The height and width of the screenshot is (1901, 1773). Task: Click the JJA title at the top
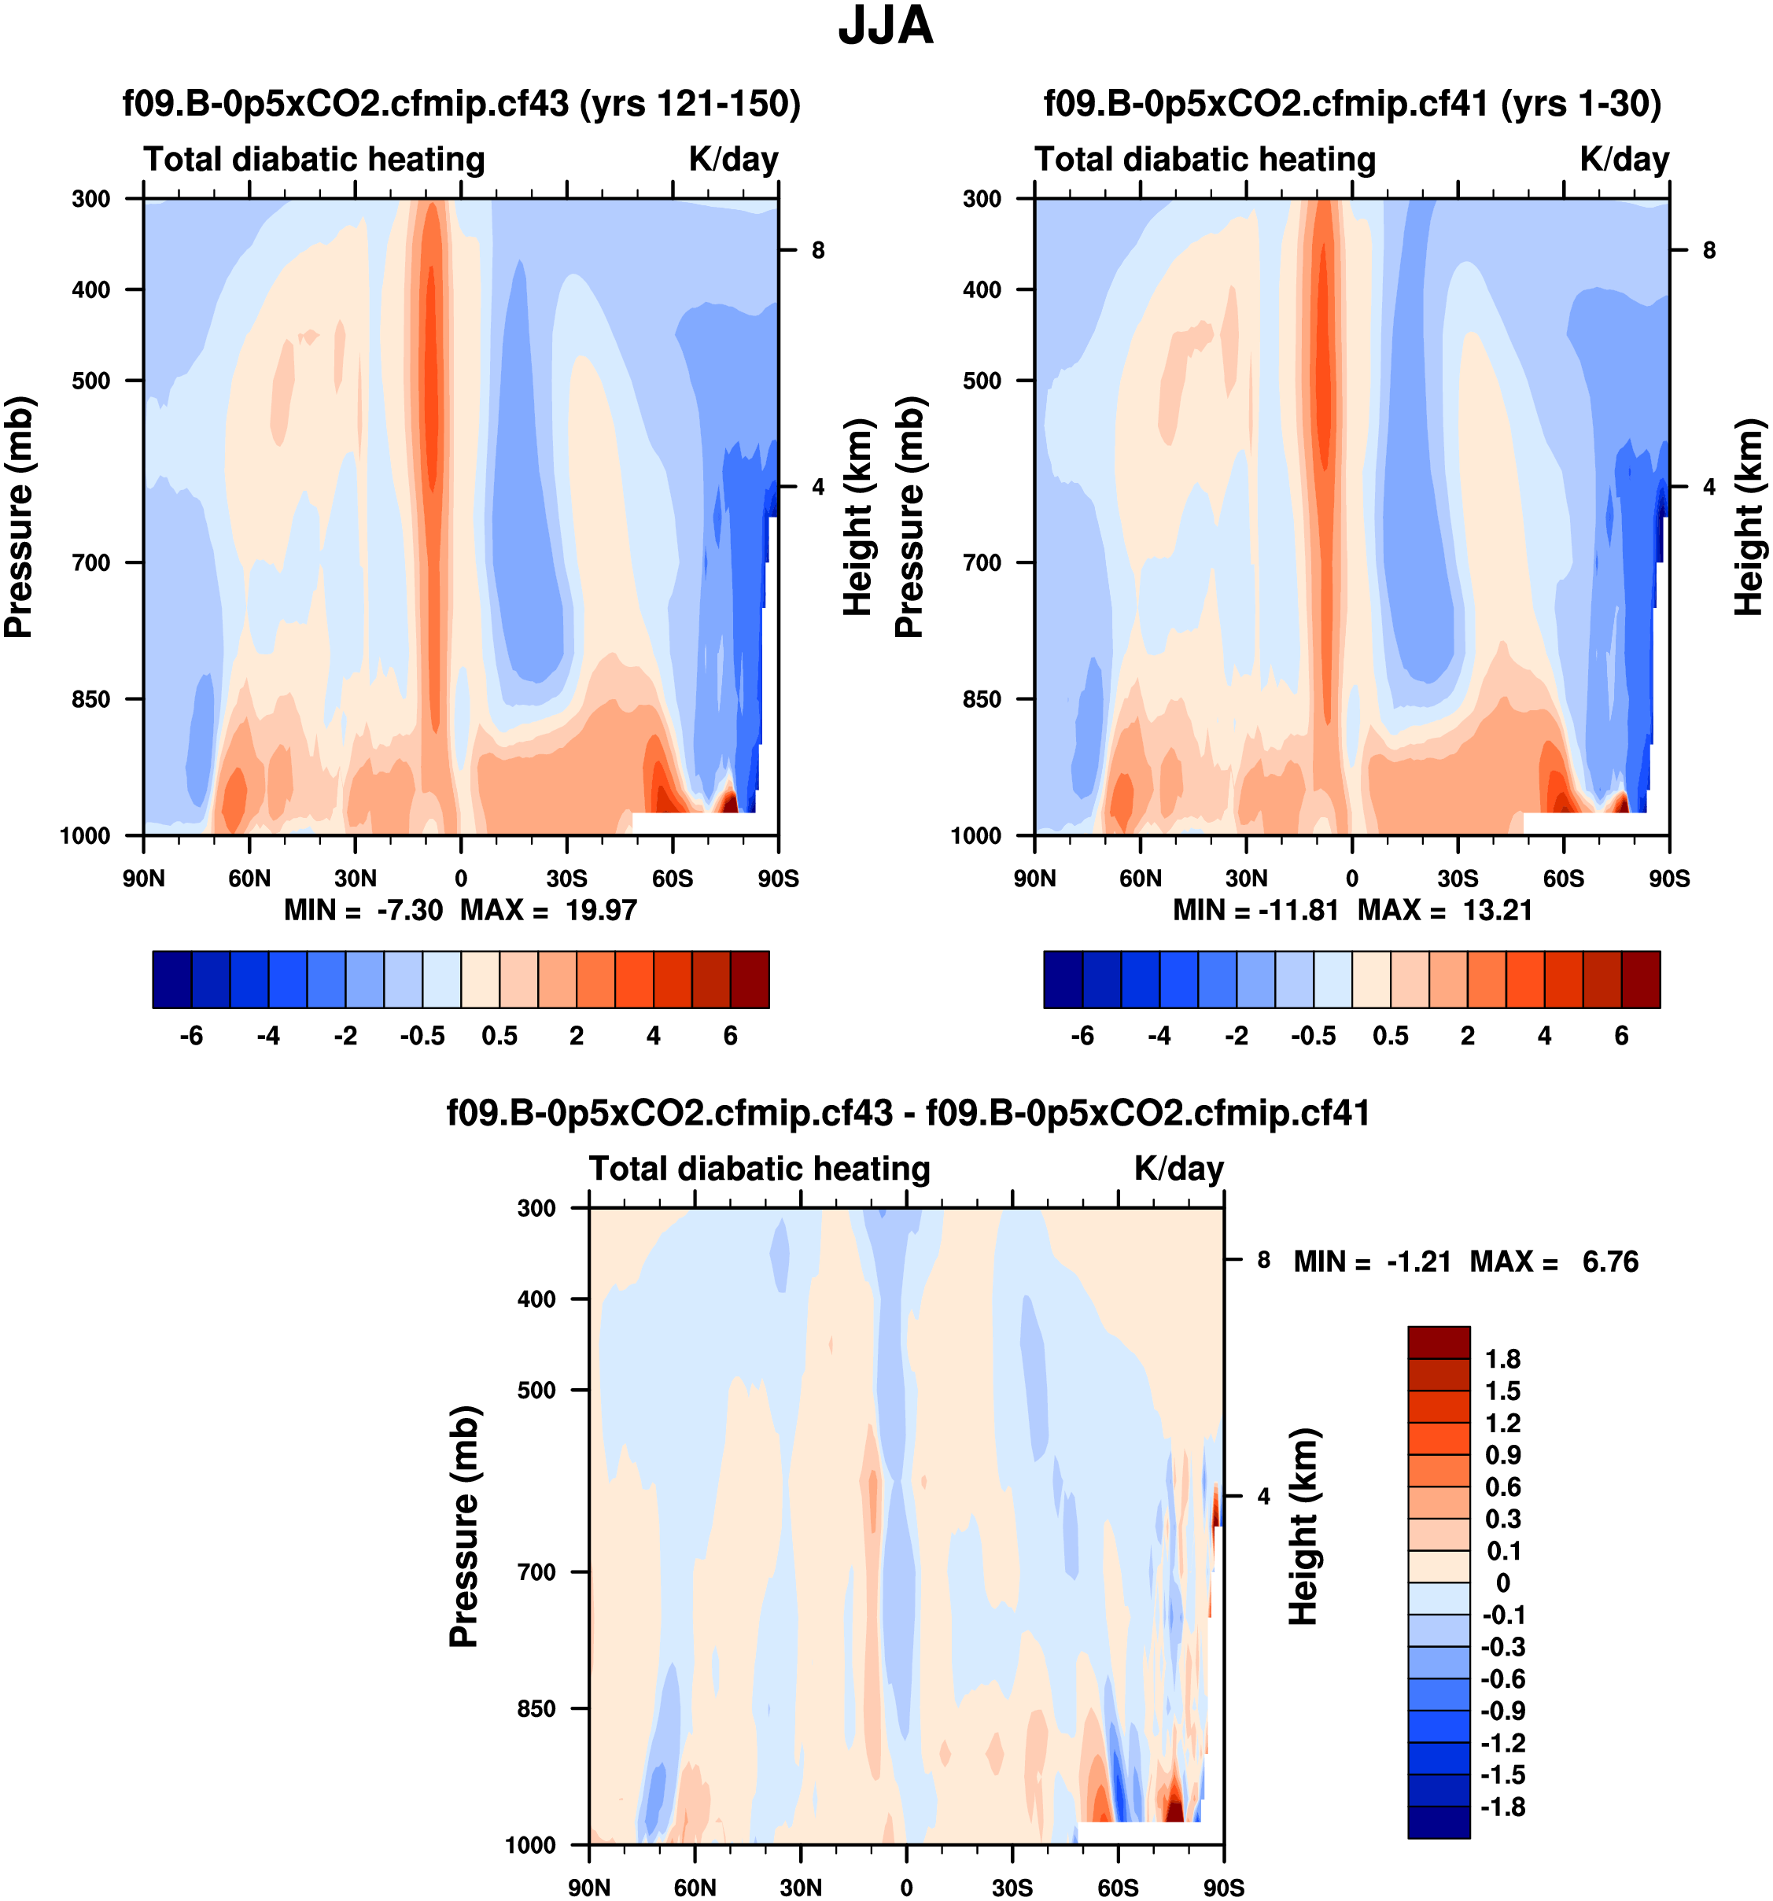885,27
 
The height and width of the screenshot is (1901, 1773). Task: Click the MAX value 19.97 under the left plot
600,909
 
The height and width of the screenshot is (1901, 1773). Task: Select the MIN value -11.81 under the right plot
1297,909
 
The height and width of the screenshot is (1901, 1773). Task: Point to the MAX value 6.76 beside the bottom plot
1610,1262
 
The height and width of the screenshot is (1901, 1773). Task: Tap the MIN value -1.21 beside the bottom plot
1419,1262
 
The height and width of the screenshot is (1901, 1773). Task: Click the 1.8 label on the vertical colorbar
1502,1359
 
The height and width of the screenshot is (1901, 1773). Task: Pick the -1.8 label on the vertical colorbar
1502,1807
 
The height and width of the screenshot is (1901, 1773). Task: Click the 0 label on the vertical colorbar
1502,1583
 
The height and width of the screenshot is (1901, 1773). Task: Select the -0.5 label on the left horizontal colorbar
422,1036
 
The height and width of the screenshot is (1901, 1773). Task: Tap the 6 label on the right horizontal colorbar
1622,1036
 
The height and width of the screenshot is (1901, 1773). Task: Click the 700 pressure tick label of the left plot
92,562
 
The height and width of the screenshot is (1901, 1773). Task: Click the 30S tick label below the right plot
1458,879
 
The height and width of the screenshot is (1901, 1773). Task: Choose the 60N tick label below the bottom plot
695,1888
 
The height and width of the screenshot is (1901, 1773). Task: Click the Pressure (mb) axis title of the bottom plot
464,1527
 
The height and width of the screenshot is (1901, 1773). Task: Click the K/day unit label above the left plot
733,159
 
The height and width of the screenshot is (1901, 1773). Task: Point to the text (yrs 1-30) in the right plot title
1581,103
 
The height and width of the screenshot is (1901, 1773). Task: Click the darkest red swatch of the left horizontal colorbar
750,979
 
